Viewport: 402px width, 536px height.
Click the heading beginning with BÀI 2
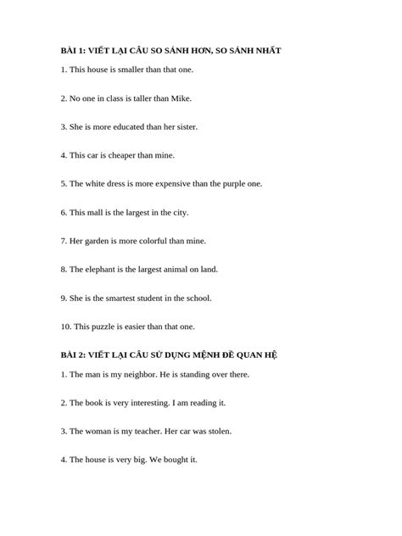tap(181, 355)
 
